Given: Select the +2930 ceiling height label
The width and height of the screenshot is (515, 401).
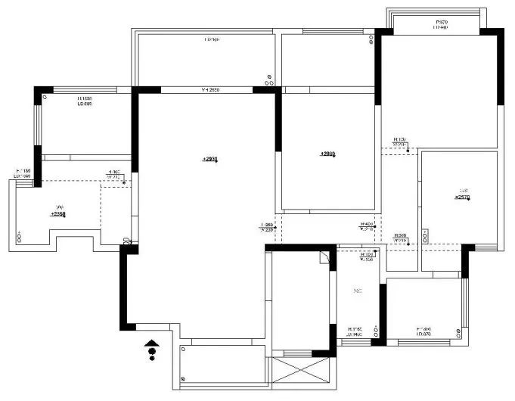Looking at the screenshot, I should tap(209, 160).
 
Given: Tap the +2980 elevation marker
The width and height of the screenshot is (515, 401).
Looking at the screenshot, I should tap(327, 154).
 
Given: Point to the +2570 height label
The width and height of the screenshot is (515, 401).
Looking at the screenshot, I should tap(462, 197).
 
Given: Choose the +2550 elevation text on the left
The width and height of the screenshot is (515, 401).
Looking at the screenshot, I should tap(58, 214).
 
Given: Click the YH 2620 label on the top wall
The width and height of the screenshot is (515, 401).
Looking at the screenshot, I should tap(209, 90).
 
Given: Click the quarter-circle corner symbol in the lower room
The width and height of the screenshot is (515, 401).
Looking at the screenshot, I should tap(324, 256).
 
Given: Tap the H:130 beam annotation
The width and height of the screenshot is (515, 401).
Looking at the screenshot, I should tap(400, 142).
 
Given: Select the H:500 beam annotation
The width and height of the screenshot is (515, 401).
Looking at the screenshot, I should tap(400, 238).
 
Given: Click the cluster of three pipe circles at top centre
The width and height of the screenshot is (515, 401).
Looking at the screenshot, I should tap(269, 76).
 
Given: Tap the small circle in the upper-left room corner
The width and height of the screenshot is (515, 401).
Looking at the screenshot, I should tap(45, 98).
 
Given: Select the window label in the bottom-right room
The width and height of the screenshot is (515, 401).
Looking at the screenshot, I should tap(423, 331).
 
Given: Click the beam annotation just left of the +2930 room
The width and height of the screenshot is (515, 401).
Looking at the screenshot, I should tap(115, 175).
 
